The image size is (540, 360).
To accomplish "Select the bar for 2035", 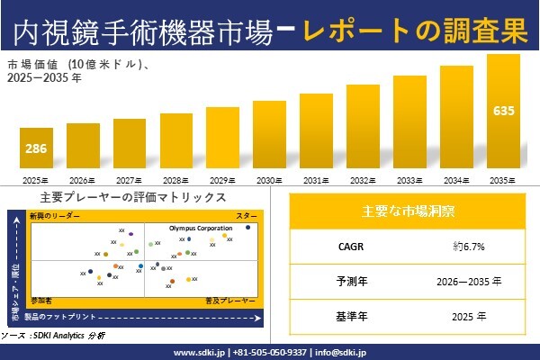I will [503, 112].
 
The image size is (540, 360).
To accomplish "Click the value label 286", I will [35, 148].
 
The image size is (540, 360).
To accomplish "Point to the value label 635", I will [503, 112].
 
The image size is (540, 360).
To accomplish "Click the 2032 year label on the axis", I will [362, 180].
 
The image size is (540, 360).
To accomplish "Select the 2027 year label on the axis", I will [129, 180].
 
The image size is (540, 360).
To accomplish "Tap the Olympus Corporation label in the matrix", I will [201, 229].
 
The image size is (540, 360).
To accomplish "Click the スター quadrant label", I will [246, 217].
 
